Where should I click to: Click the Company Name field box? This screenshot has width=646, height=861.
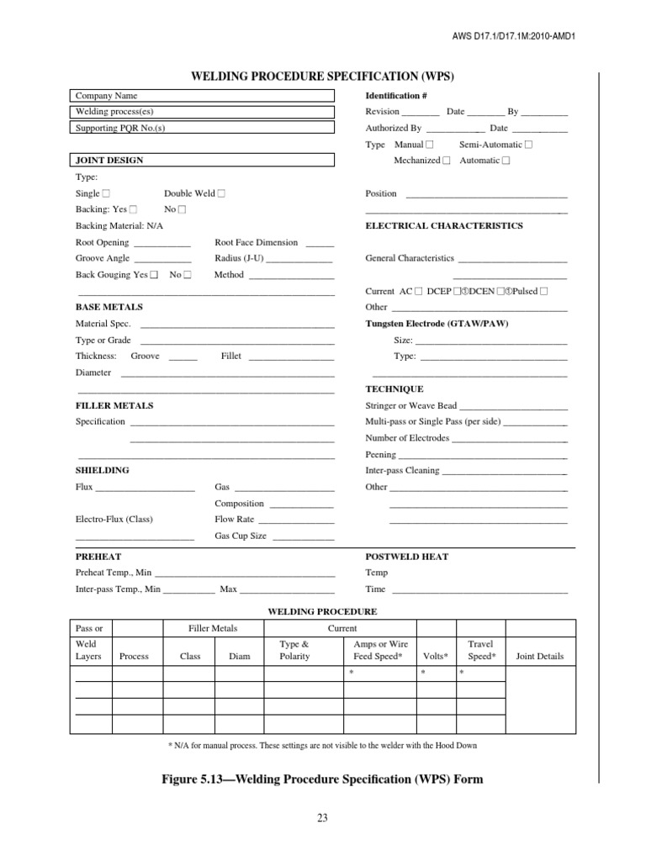click(x=201, y=96)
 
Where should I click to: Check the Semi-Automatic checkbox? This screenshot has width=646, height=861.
click(x=528, y=145)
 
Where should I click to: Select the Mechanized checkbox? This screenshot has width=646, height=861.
click(x=447, y=161)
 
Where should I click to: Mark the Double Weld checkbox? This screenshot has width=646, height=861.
click(x=221, y=193)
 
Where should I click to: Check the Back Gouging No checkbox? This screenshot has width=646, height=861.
click(x=188, y=275)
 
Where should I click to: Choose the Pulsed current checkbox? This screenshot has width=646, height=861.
click(x=543, y=291)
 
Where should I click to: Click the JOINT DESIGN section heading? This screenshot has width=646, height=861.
click(x=109, y=160)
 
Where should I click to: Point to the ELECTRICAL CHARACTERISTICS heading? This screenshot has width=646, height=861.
click(x=443, y=226)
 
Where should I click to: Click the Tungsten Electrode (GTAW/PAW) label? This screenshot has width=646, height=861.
click(x=437, y=324)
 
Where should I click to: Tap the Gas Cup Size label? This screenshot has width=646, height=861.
click(x=241, y=536)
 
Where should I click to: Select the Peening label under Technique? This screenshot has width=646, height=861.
click(x=380, y=454)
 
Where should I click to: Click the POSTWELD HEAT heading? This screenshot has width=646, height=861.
click(x=406, y=557)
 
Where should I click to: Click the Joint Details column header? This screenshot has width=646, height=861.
click(x=539, y=657)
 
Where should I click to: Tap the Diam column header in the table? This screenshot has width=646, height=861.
click(x=239, y=657)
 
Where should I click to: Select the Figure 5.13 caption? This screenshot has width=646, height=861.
click(x=322, y=779)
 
